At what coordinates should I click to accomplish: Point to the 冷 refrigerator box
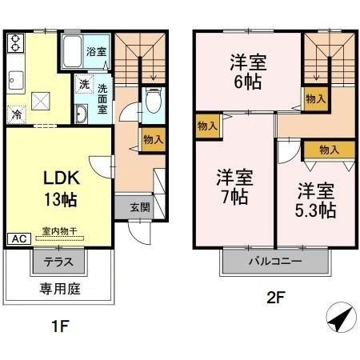17,114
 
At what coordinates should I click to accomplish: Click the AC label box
17,238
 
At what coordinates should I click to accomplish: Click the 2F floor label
275,298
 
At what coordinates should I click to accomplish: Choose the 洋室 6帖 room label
247,70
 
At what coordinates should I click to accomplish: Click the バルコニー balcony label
274,261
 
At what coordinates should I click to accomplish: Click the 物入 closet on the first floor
153,139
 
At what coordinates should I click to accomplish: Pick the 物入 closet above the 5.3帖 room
328,149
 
